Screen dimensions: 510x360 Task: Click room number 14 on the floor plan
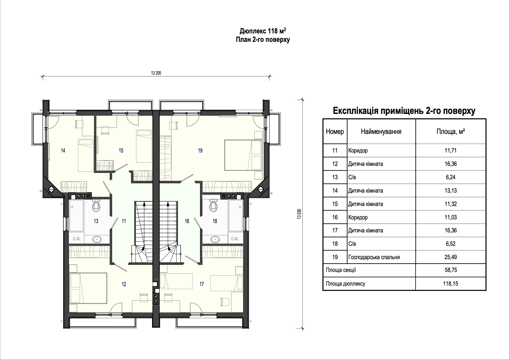click(x=63, y=151)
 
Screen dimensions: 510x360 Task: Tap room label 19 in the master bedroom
click(x=200, y=151)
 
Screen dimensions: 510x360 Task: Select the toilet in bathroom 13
click(x=96, y=206)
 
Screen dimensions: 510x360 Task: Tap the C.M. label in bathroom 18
click(x=235, y=239)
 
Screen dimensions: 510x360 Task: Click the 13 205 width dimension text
click(x=156, y=73)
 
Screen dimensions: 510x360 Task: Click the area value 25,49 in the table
click(x=450, y=257)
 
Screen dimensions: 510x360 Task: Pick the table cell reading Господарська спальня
click(x=374, y=257)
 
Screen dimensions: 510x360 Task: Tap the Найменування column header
click(x=381, y=132)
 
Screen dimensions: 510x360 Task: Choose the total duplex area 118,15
click(x=450, y=284)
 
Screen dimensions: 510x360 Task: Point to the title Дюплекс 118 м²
click(x=263, y=31)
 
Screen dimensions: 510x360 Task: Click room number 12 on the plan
click(x=124, y=284)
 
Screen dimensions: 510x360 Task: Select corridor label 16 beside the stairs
click(x=187, y=221)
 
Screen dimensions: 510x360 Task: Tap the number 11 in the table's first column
click(x=335, y=151)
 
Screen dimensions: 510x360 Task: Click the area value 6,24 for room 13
click(x=450, y=177)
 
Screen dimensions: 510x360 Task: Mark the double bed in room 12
click(x=88, y=288)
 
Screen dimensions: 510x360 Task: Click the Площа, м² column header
click(x=450, y=132)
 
